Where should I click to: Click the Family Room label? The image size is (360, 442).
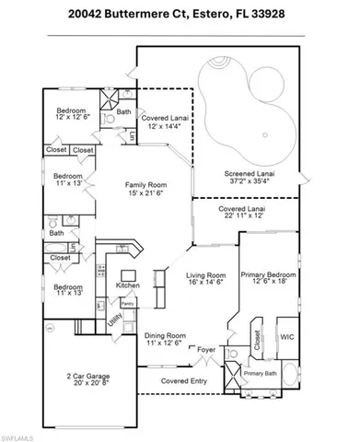[x=148, y=184]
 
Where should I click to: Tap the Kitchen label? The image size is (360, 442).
[x=127, y=285]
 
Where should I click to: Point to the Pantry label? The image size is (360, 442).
[x=128, y=303]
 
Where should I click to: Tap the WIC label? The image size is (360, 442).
[x=286, y=336]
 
